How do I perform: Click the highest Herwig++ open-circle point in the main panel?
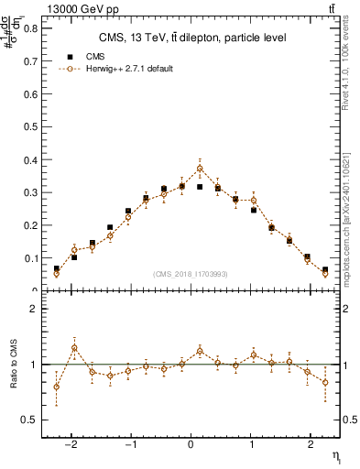click(x=200, y=169)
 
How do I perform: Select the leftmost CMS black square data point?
click(x=57, y=268)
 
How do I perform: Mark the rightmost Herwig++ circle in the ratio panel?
click(x=325, y=382)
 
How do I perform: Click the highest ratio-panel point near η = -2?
click(x=74, y=348)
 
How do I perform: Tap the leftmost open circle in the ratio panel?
click(x=57, y=387)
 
